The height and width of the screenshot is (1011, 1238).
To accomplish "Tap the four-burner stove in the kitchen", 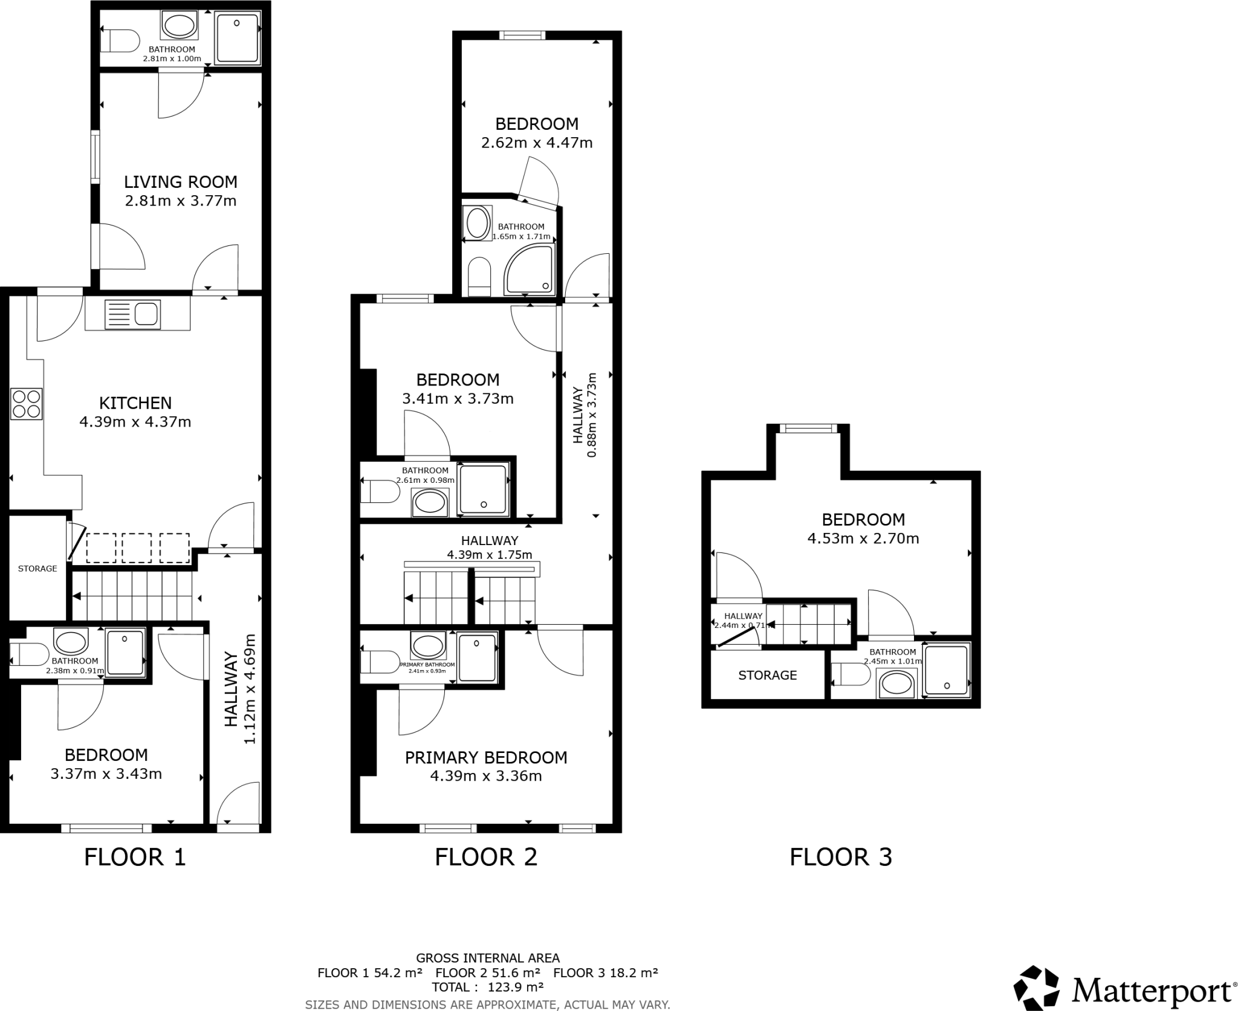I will coord(27,404).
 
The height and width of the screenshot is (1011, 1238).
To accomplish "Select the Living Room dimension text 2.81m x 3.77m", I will coord(181,201).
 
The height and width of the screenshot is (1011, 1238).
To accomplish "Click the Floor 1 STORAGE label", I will coord(37,569).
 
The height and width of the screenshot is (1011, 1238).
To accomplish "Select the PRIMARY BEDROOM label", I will coord(486,758).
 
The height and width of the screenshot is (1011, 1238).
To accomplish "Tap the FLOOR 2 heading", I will coord(486,857).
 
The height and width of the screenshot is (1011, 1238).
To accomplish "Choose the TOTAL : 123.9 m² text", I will coord(487,987).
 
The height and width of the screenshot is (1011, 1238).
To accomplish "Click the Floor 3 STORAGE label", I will coord(768,675).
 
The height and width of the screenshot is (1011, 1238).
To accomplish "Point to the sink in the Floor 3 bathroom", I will coord(898,685).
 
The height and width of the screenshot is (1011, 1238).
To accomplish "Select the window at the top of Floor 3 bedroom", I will coord(808,428).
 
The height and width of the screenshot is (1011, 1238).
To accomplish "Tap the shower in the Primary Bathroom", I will coord(478,657).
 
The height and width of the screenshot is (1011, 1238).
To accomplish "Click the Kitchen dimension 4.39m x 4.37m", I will coord(135,422).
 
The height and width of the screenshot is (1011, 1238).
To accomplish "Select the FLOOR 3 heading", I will coord(841,857).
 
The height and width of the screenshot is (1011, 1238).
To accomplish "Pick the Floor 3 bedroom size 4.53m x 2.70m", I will coord(863,538).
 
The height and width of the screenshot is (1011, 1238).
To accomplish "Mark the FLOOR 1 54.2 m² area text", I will coord(370,973).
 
